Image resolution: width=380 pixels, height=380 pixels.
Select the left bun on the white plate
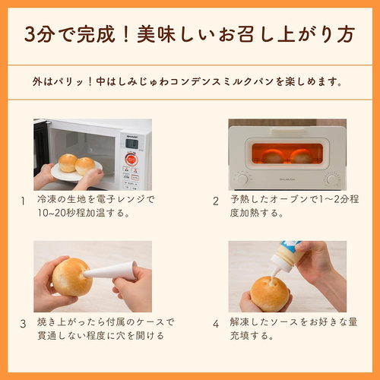point(68,162)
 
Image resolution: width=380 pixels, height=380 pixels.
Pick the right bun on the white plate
point(86,165)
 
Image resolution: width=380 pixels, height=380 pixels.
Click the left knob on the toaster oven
point(242,179)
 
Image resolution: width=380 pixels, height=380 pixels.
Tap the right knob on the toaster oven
point(332,179)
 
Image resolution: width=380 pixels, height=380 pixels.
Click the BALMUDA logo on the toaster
point(287,180)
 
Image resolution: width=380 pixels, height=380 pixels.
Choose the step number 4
point(216,322)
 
